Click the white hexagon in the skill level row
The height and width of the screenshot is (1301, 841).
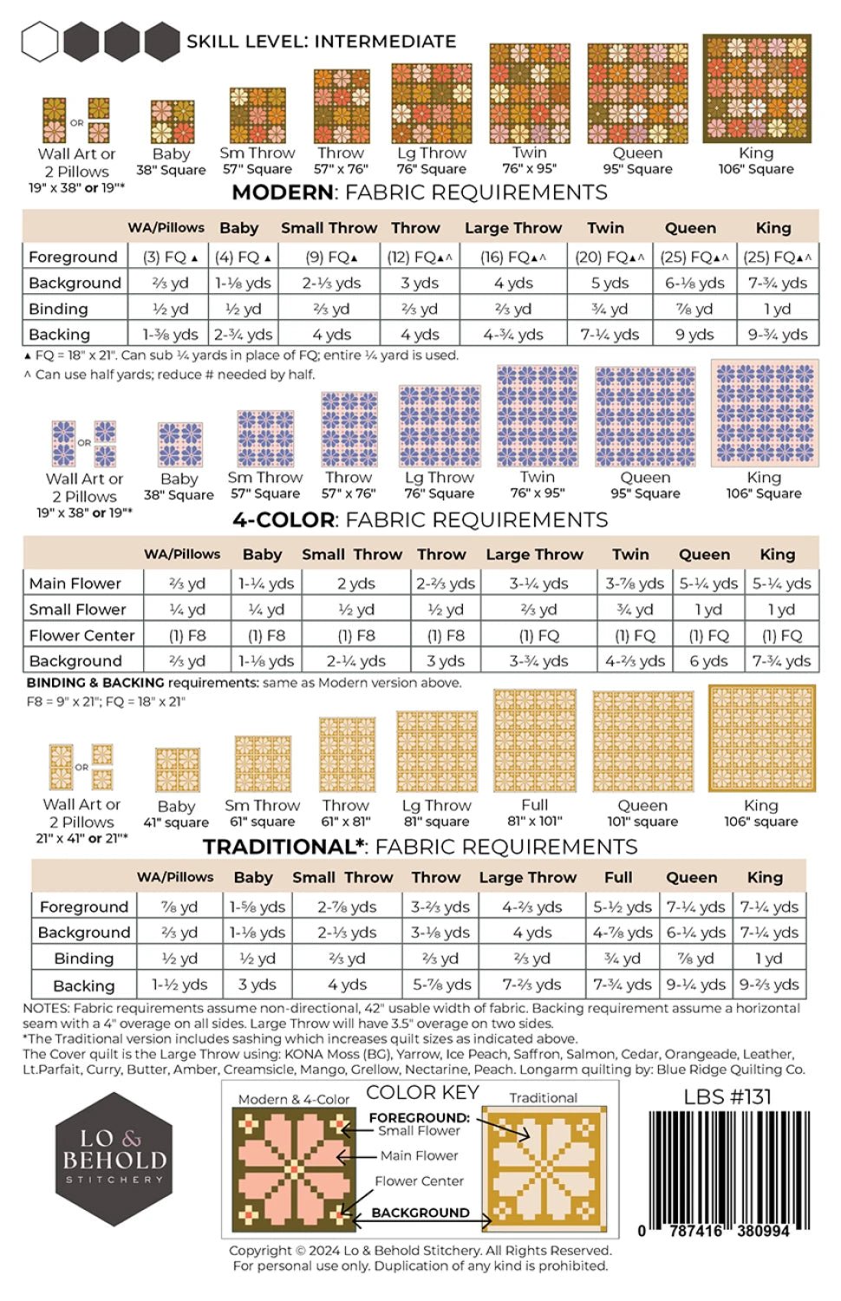pyautogui.click(x=40, y=42)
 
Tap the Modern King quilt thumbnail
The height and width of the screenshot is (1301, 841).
pyautogui.click(x=756, y=88)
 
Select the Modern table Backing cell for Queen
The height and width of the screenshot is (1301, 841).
pyautogui.click(x=694, y=334)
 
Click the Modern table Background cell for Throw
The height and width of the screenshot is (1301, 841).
pyautogui.click(x=419, y=283)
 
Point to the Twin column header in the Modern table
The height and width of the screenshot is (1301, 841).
pyautogui.click(x=605, y=228)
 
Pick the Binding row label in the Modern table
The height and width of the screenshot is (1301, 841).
pyautogui.click(x=58, y=309)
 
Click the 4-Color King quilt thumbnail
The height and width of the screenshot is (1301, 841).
pyautogui.click(x=764, y=415)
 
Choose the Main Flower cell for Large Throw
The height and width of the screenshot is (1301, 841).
pyautogui.click(x=538, y=584)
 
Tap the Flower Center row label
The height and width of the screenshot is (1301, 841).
pyautogui.click(x=81, y=636)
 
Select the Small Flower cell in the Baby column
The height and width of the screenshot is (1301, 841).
pyautogui.click(x=266, y=610)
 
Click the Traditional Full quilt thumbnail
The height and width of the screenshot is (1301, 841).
pyautogui.click(x=535, y=741)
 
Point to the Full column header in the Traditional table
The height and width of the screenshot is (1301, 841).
pyautogui.click(x=618, y=877)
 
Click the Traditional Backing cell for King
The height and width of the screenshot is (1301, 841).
pyautogui.click(x=769, y=984)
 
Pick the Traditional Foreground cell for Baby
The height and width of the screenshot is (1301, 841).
pyautogui.click(x=257, y=906)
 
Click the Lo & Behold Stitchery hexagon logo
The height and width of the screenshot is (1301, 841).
pyautogui.click(x=114, y=1159)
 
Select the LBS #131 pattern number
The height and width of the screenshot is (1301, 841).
pyautogui.click(x=727, y=1097)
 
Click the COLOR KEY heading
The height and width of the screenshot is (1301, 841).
pyautogui.click(x=422, y=1093)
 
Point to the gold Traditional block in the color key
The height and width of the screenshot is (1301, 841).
pyautogui.click(x=543, y=1167)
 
